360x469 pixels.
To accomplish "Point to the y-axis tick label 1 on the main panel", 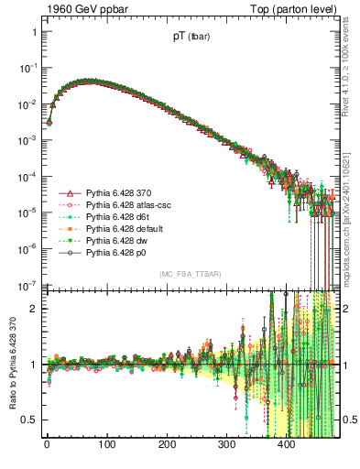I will coord(33,32).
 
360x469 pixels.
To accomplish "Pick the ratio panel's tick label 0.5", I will coord(28,420).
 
